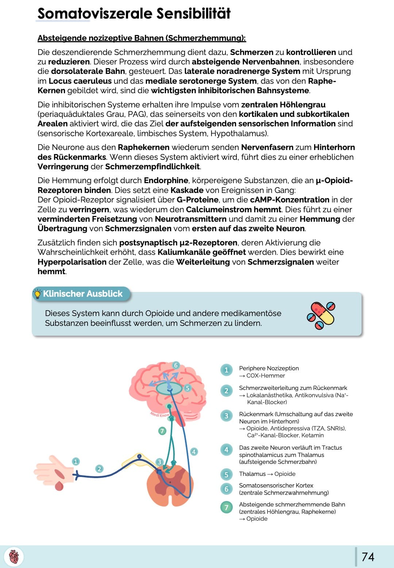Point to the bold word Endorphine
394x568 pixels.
[166, 181]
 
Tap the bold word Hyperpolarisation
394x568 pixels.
[72, 262]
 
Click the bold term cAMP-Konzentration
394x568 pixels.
[290, 200]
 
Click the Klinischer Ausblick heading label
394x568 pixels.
[83, 294]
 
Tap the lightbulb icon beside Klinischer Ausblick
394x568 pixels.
[37, 294]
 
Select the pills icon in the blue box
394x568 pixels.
[321, 315]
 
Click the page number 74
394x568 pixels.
[368, 557]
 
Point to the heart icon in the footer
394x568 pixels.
[14, 557]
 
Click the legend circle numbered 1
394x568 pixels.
[226, 370]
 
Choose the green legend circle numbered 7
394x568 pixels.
[226, 507]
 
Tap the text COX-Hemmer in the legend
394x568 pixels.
[265, 376]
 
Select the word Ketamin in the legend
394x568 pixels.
[313, 435]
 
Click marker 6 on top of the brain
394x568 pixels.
[175, 365]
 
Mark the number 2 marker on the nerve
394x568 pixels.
[99, 469]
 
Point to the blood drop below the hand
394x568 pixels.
[59, 486]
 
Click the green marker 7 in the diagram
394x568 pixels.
[162, 431]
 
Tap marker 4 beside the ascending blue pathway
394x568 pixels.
[194, 452]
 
